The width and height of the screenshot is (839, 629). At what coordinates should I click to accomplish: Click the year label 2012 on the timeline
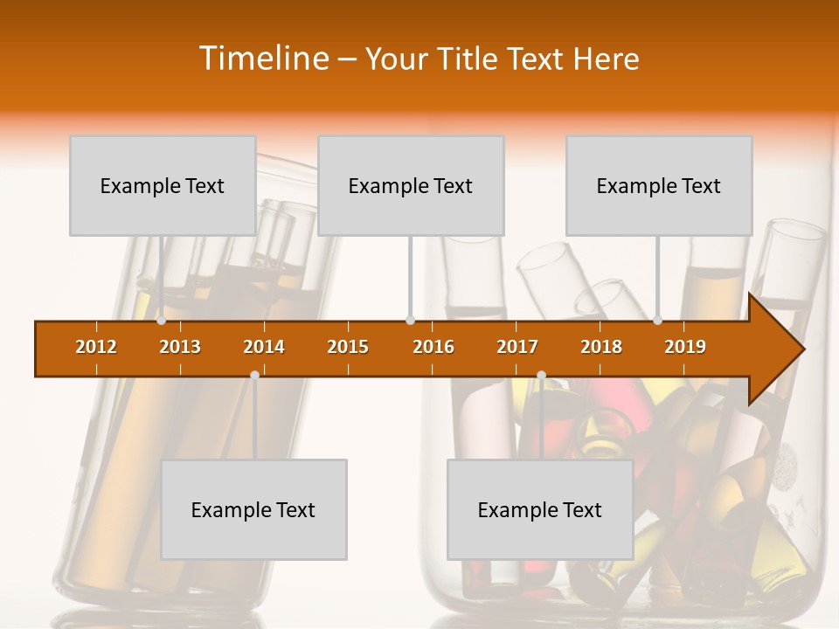[x=96, y=347]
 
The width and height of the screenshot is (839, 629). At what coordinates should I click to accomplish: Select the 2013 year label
[x=180, y=347]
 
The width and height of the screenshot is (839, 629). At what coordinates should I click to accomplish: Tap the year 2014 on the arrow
[x=264, y=347]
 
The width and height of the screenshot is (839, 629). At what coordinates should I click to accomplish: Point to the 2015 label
[x=348, y=347]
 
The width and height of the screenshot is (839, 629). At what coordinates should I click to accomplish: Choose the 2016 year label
[x=433, y=347]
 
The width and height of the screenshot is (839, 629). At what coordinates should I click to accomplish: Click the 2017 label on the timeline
[x=517, y=347]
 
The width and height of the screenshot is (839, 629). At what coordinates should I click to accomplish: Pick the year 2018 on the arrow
[x=601, y=347]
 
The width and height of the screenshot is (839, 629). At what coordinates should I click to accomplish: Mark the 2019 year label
[x=685, y=347]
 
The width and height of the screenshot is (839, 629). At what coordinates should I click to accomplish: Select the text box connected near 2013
[x=163, y=185]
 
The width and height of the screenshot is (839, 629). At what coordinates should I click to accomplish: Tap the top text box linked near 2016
[x=411, y=185]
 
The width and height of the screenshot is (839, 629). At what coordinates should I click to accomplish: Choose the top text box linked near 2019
[x=659, y=185]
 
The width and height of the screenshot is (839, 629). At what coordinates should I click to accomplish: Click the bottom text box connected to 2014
[x=253, y=509]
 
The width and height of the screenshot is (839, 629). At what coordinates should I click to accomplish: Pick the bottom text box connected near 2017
[x=540, y=509]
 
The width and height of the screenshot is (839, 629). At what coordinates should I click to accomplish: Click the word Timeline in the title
[x=262, y=59]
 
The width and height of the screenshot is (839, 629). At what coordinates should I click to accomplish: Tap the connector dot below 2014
[x=254, y=375]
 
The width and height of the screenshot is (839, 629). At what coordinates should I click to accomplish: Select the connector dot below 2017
[x=541, y=375]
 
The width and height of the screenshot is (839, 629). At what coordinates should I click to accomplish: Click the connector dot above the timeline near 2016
[x=410, y=321]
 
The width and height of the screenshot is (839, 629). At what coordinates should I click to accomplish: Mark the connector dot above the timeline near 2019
[x=658, y=321]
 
